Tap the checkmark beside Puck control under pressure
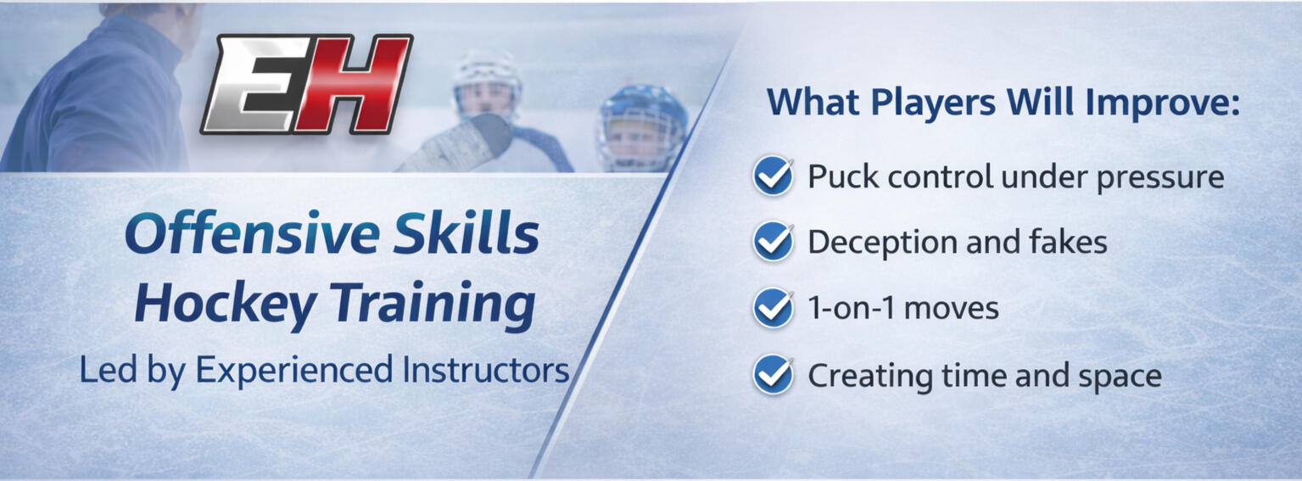[x=773, y=176]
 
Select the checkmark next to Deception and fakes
[x=773, y=242]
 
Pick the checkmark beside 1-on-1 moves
[x=773, y=308]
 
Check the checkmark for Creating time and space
[x=773, y=375]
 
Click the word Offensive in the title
[x=252, y=233]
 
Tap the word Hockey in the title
[x=226, y=304]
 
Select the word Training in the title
[x=433, y=304]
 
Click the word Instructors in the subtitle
[x=485, y=370]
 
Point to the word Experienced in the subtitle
[x=294, y=371]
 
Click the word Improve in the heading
[x=1162, y=103]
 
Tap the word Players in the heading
[x=933, y=103]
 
